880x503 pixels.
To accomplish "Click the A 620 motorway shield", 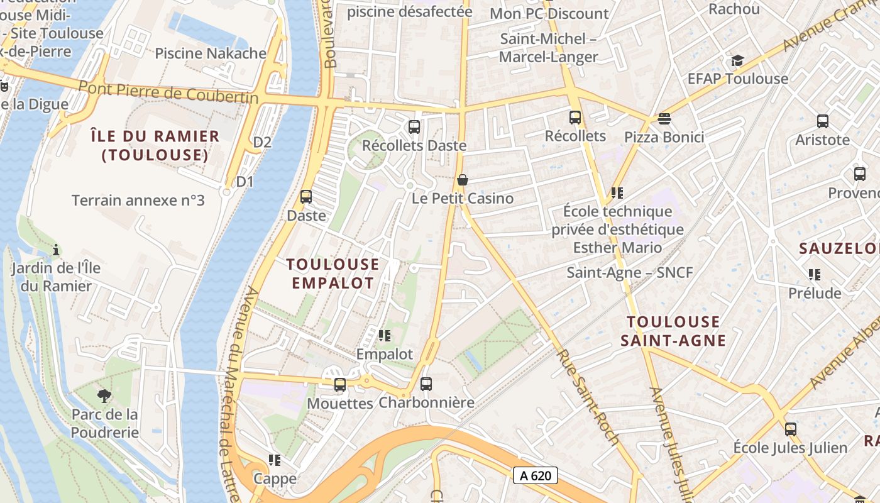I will coord(536,475).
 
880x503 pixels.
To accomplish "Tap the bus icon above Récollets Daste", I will coord(414,126).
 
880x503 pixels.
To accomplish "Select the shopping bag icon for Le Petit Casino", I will coord(463,180).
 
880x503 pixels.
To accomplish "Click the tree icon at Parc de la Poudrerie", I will coord(104,396).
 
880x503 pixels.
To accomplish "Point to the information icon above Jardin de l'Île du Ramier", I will coord(56,250).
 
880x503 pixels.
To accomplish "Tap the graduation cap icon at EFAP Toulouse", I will coord(737,60).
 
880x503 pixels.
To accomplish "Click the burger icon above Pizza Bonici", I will coord(664,119).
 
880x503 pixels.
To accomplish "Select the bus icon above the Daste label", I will coord(306,197).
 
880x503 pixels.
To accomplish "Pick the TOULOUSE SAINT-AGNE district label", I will coord(673,331).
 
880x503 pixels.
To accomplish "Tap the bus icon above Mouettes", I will coord(340,384).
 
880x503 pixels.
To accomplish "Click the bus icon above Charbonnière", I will coord(426,384).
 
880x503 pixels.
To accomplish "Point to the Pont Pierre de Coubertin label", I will coord(168,92).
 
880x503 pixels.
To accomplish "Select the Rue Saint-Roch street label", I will coord(588,397).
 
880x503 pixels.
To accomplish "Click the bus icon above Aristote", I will coord(822,121).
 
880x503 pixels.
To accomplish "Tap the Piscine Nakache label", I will coord(211,53).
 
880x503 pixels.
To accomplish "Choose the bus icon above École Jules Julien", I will coord(790,429).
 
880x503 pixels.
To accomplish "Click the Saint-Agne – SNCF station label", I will coord(630,273).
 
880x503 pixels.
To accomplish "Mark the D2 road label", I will coord(262,142).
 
